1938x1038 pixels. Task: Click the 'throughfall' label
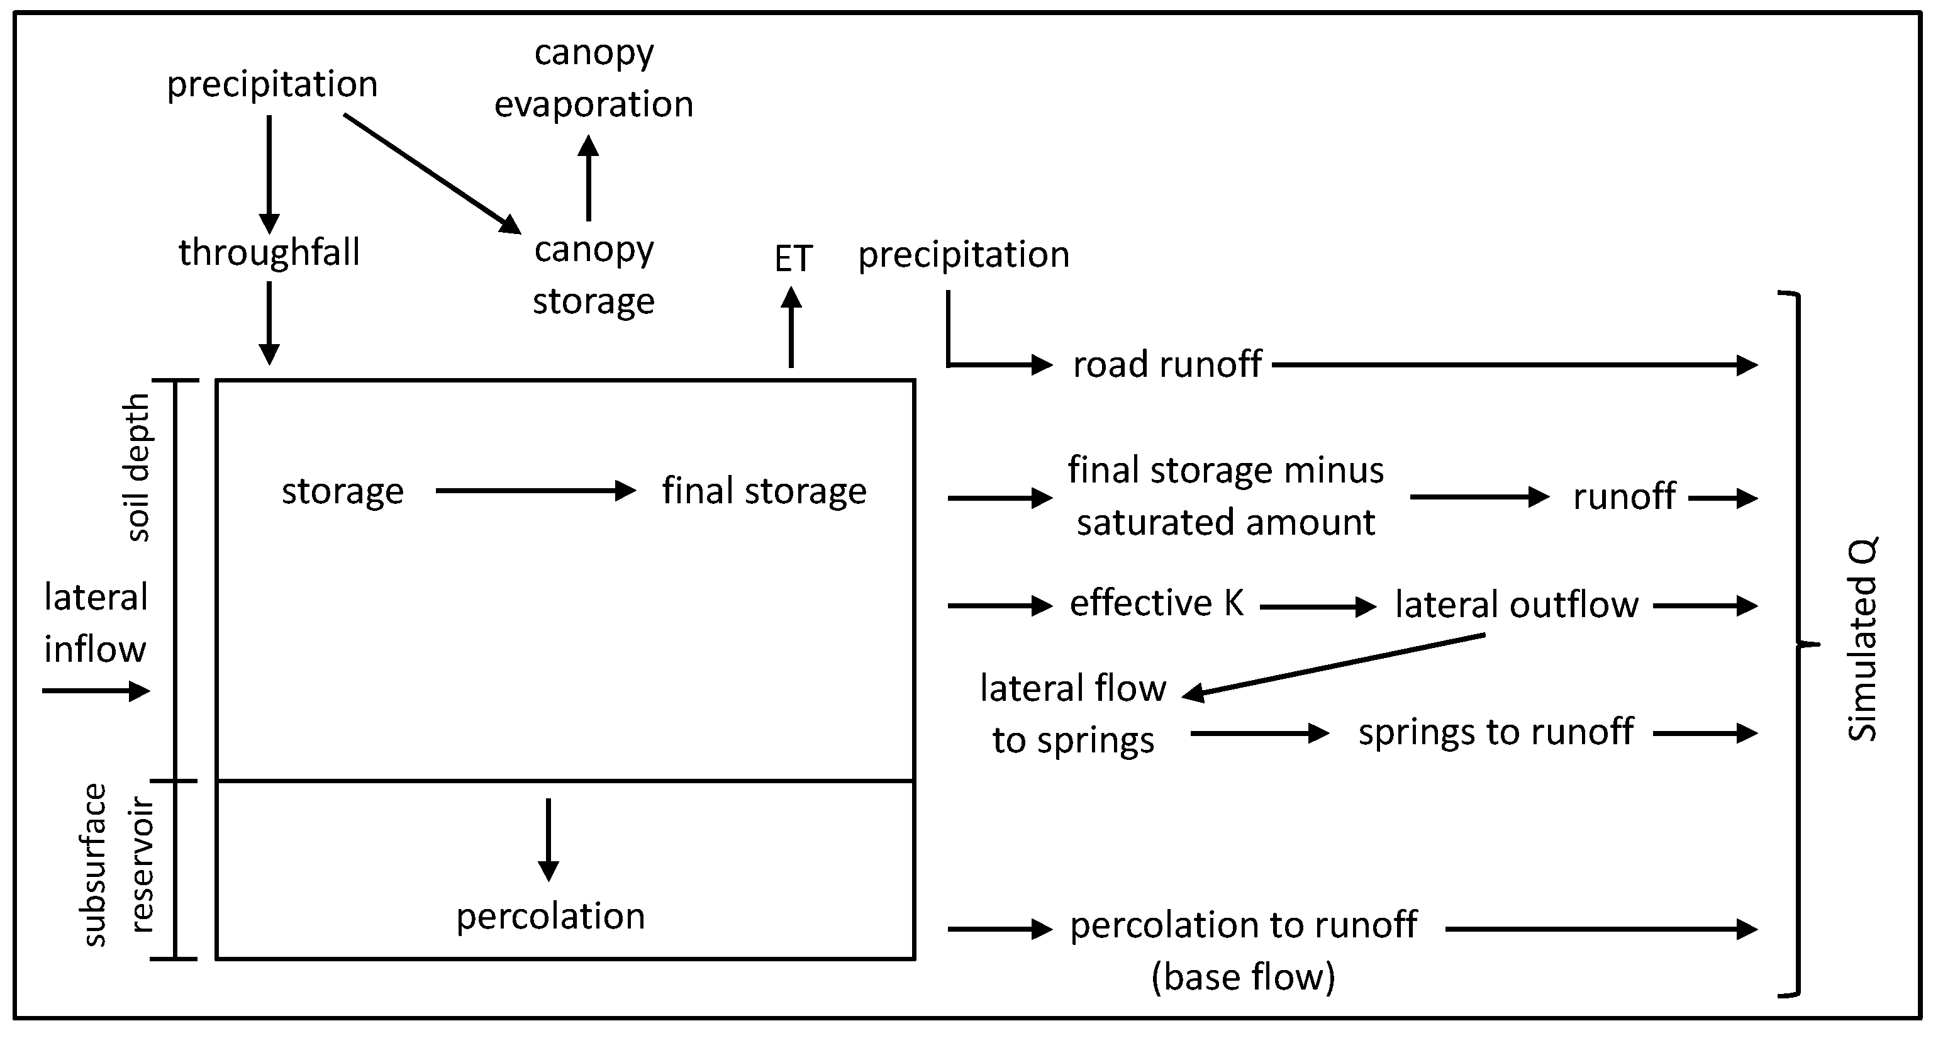click(269, 252)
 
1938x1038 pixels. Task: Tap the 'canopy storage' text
click(594, 276)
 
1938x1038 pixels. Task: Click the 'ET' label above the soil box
click(793, 259)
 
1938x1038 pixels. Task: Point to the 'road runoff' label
click(1166, 365)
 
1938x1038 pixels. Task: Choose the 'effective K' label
click(1156, 603)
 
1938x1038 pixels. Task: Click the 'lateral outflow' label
click(1516, 605)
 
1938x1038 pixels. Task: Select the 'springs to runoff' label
click(1495, 732)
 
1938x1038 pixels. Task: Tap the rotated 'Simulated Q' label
click(1861, 639)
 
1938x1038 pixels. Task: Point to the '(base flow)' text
click(1243, 977)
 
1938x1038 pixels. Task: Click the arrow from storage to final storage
click(536, 491)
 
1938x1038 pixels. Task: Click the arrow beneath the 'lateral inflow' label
click(96, 691)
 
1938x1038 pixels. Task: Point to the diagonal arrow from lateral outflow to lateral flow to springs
click(1333, 665)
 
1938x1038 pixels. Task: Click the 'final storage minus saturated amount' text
click(1225, 496)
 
